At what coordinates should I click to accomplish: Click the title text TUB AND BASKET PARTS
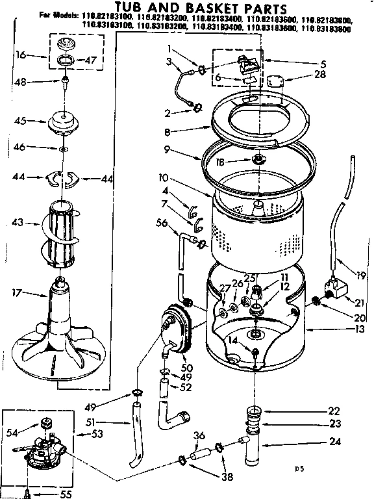coord(188,8)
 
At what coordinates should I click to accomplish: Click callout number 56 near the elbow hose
coord(162,222)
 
